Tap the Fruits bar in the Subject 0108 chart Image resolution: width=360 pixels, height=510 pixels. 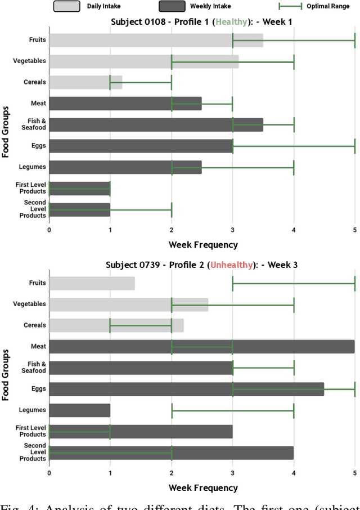pos(156,41)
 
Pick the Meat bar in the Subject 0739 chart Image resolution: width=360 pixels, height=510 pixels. pos(201,347)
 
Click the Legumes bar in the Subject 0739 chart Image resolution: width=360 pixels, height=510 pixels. pos(79,410)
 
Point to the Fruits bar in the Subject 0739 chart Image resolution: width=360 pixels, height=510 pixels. pos(92,283)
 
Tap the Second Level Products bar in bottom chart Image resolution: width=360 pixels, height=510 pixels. pos(171,453)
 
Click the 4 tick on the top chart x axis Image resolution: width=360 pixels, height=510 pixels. pos(294,230)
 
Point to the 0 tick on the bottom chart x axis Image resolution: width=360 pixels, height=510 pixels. pos(49,473)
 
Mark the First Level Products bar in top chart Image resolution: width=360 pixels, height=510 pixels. pos(79,188)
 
